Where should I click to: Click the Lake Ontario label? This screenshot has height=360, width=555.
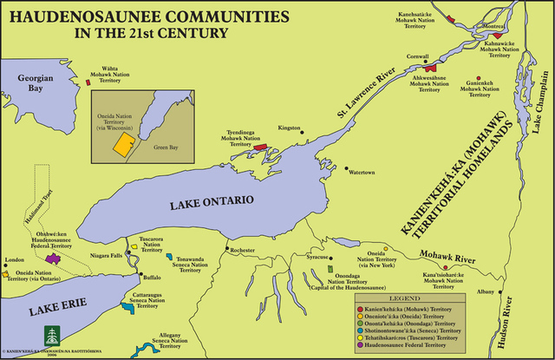point(212,200)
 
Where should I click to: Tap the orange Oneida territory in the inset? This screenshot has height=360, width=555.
point(125,142)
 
